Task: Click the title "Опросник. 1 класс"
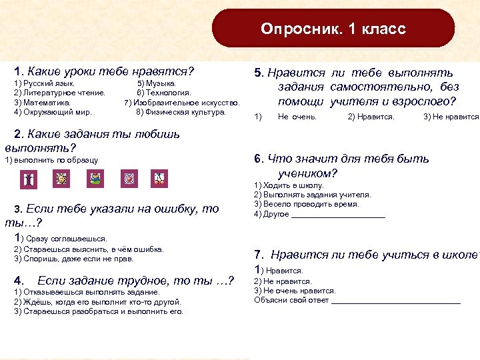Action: point(333,29)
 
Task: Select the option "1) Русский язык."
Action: point(44,83)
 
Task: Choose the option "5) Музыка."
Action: point(157,83)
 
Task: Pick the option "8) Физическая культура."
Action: point(181,112)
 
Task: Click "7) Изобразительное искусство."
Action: point(182,103)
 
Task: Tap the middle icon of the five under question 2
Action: point(96,179)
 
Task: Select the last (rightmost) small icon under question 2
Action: point(159,179)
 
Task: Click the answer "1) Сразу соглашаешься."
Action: point(60,238)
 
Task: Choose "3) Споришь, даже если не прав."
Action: point(73,259)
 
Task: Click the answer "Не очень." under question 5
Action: point(297,117)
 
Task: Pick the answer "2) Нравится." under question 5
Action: point(371,117)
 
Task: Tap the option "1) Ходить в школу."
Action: point(288,185)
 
